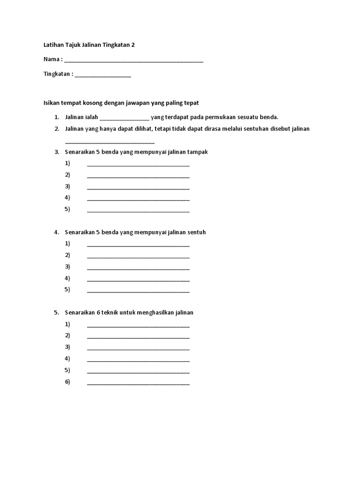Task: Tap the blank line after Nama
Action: coord(134,61)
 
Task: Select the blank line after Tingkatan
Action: coord(103,75)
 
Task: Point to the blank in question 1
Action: coord(124,118)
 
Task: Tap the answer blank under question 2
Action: coord(110,142)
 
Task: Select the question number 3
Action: coord(56,152)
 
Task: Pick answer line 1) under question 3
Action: coord(138,165)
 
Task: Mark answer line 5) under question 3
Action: coord(138,211)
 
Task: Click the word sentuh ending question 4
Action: coord(196,232)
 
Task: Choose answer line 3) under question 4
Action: coord(138,269)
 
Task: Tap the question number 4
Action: coord(56,232)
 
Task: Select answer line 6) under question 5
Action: coord(138,383)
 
